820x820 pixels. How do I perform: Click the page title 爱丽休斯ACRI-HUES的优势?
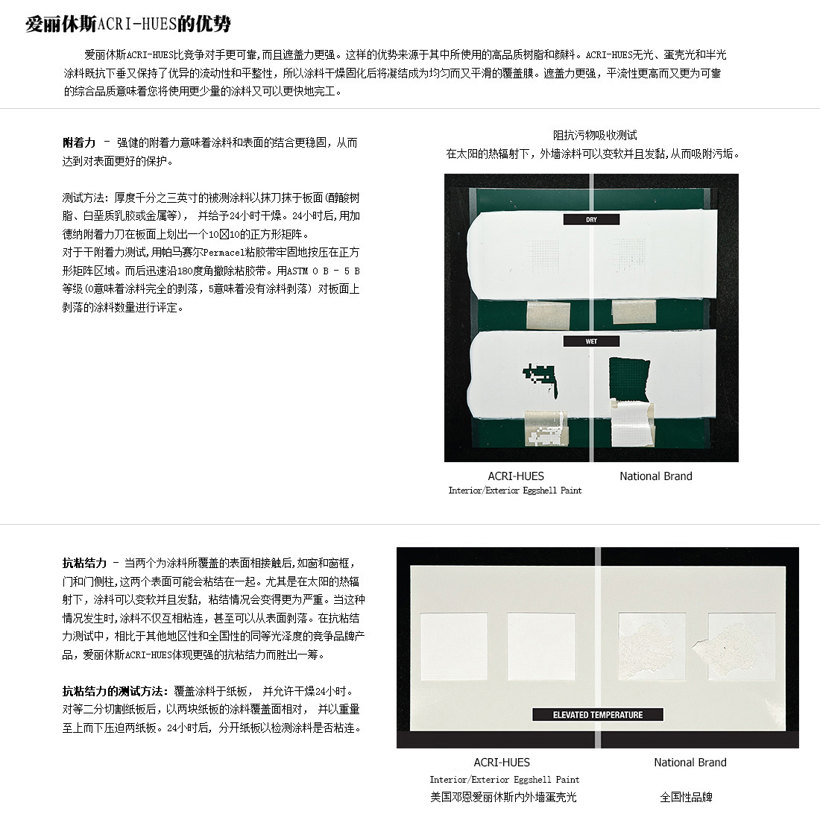click(x=128, y=24)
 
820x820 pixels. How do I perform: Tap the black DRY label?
click(x=591, y=220)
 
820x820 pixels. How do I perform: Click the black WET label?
click(x=591, y=341)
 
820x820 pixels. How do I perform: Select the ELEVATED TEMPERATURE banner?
click(x=598, y=714)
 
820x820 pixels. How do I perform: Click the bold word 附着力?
click(x=79, y=143)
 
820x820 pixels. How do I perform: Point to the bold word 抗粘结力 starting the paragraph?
click(x=84, y=564)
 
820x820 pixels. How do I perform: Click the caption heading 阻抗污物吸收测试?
click(x=595, y=136)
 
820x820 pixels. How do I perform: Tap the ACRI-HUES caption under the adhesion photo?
click(x=516, y=476)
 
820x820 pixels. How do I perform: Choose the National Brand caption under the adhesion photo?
click(x=656, y=476)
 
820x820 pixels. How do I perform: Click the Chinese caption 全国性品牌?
click(x=686, y=798)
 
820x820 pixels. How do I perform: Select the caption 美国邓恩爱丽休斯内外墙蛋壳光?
click(x=503, y=798)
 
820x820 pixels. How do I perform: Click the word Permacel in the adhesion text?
click(x=224, y=253)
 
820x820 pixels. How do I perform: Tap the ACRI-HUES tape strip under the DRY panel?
click(x=548, y=315)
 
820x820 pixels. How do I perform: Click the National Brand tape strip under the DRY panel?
click(x=634, y=312)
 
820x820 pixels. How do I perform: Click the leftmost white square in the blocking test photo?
click(x=454, y=647)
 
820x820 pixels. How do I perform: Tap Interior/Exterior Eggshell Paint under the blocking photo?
click(x=505, y=780)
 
